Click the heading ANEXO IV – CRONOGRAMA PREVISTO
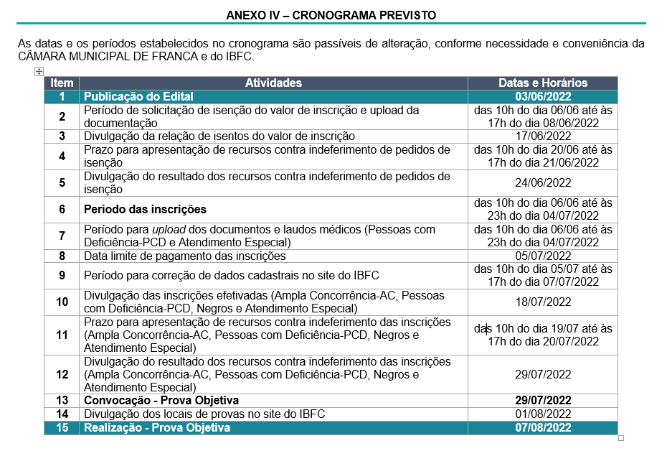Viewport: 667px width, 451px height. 331,15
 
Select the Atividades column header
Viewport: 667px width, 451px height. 273,83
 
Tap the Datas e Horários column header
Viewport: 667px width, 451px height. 542,83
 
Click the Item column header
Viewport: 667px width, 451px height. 62,83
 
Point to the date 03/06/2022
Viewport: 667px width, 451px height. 542,96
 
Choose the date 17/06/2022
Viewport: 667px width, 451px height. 542,136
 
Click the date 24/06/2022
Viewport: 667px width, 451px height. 542,182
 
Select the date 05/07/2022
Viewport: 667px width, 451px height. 542,256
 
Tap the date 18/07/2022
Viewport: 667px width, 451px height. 542,302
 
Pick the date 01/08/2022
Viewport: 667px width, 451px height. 542,414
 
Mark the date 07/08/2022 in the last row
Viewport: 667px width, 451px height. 542,427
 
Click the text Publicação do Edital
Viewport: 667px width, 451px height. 138,96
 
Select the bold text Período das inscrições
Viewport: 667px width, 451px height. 145,209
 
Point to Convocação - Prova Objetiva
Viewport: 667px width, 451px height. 161,400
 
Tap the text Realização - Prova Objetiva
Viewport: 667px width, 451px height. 157,427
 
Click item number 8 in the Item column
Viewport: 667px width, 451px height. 62,256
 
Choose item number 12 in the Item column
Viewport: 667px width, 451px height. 62,374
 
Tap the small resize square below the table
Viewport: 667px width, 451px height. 621,437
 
